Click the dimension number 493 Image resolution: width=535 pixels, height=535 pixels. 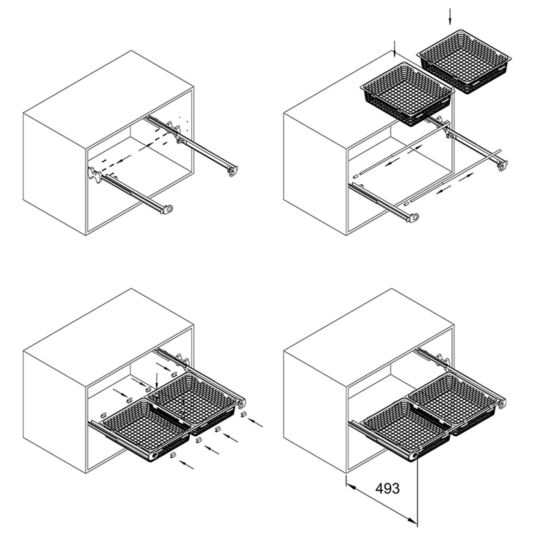(387, 488)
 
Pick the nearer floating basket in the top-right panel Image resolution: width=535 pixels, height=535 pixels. (407, 93)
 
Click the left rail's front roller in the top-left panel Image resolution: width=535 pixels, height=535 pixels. (168, 209)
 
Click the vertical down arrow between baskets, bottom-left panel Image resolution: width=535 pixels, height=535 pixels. (156, 381)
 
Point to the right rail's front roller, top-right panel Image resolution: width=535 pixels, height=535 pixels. (501, 166)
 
